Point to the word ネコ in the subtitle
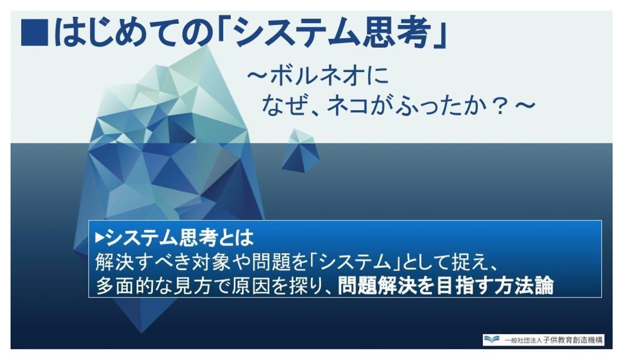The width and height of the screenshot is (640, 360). [348, 106]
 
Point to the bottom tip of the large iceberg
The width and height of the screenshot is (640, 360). [141, 333]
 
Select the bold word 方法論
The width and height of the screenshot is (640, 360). [524, 286]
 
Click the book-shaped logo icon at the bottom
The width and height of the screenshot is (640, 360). [492, 340]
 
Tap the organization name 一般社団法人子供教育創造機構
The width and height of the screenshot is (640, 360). [554, 340]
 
